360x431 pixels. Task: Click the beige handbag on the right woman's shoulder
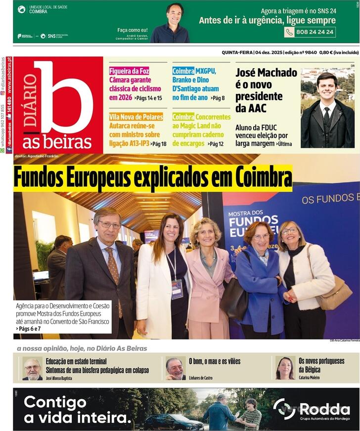(336, 295)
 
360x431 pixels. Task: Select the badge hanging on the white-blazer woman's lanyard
(177, 289)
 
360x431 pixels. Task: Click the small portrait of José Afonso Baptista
(32, 369)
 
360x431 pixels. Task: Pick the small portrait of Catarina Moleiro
(285, 368)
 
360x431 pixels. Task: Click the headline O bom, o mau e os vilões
(215, 361)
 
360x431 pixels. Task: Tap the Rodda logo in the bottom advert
(312, 409)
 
